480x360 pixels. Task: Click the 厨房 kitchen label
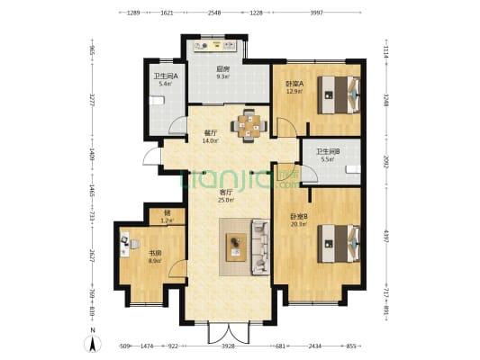222,69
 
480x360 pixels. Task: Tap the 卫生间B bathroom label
328,151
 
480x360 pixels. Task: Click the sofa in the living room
260,246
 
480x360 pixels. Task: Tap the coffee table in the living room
237,242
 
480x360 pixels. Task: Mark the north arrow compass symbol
90,343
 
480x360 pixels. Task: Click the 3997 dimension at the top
317,13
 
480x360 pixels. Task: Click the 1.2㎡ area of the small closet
165,220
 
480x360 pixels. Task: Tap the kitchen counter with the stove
214,45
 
